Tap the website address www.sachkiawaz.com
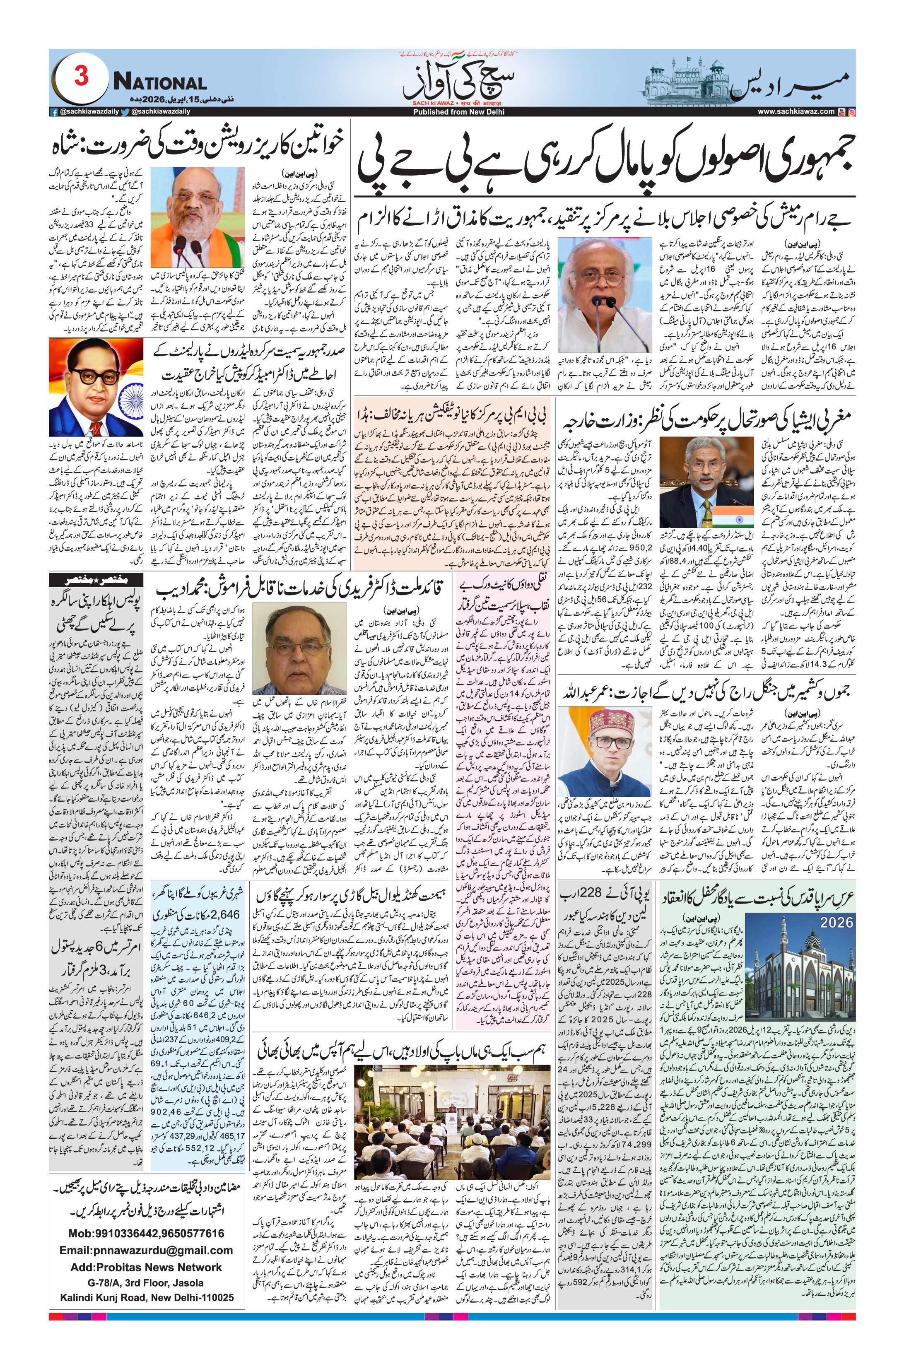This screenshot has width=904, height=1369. (795, 112)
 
